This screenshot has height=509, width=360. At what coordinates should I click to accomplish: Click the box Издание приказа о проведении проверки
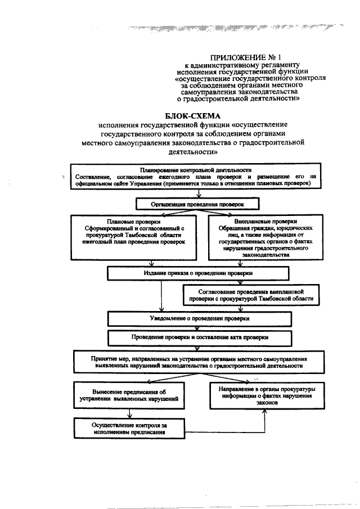(198, 273)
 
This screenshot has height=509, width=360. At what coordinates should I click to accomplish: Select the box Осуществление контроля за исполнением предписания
(129, 428)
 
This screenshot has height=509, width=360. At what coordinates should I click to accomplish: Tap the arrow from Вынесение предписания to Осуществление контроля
(130, 412)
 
